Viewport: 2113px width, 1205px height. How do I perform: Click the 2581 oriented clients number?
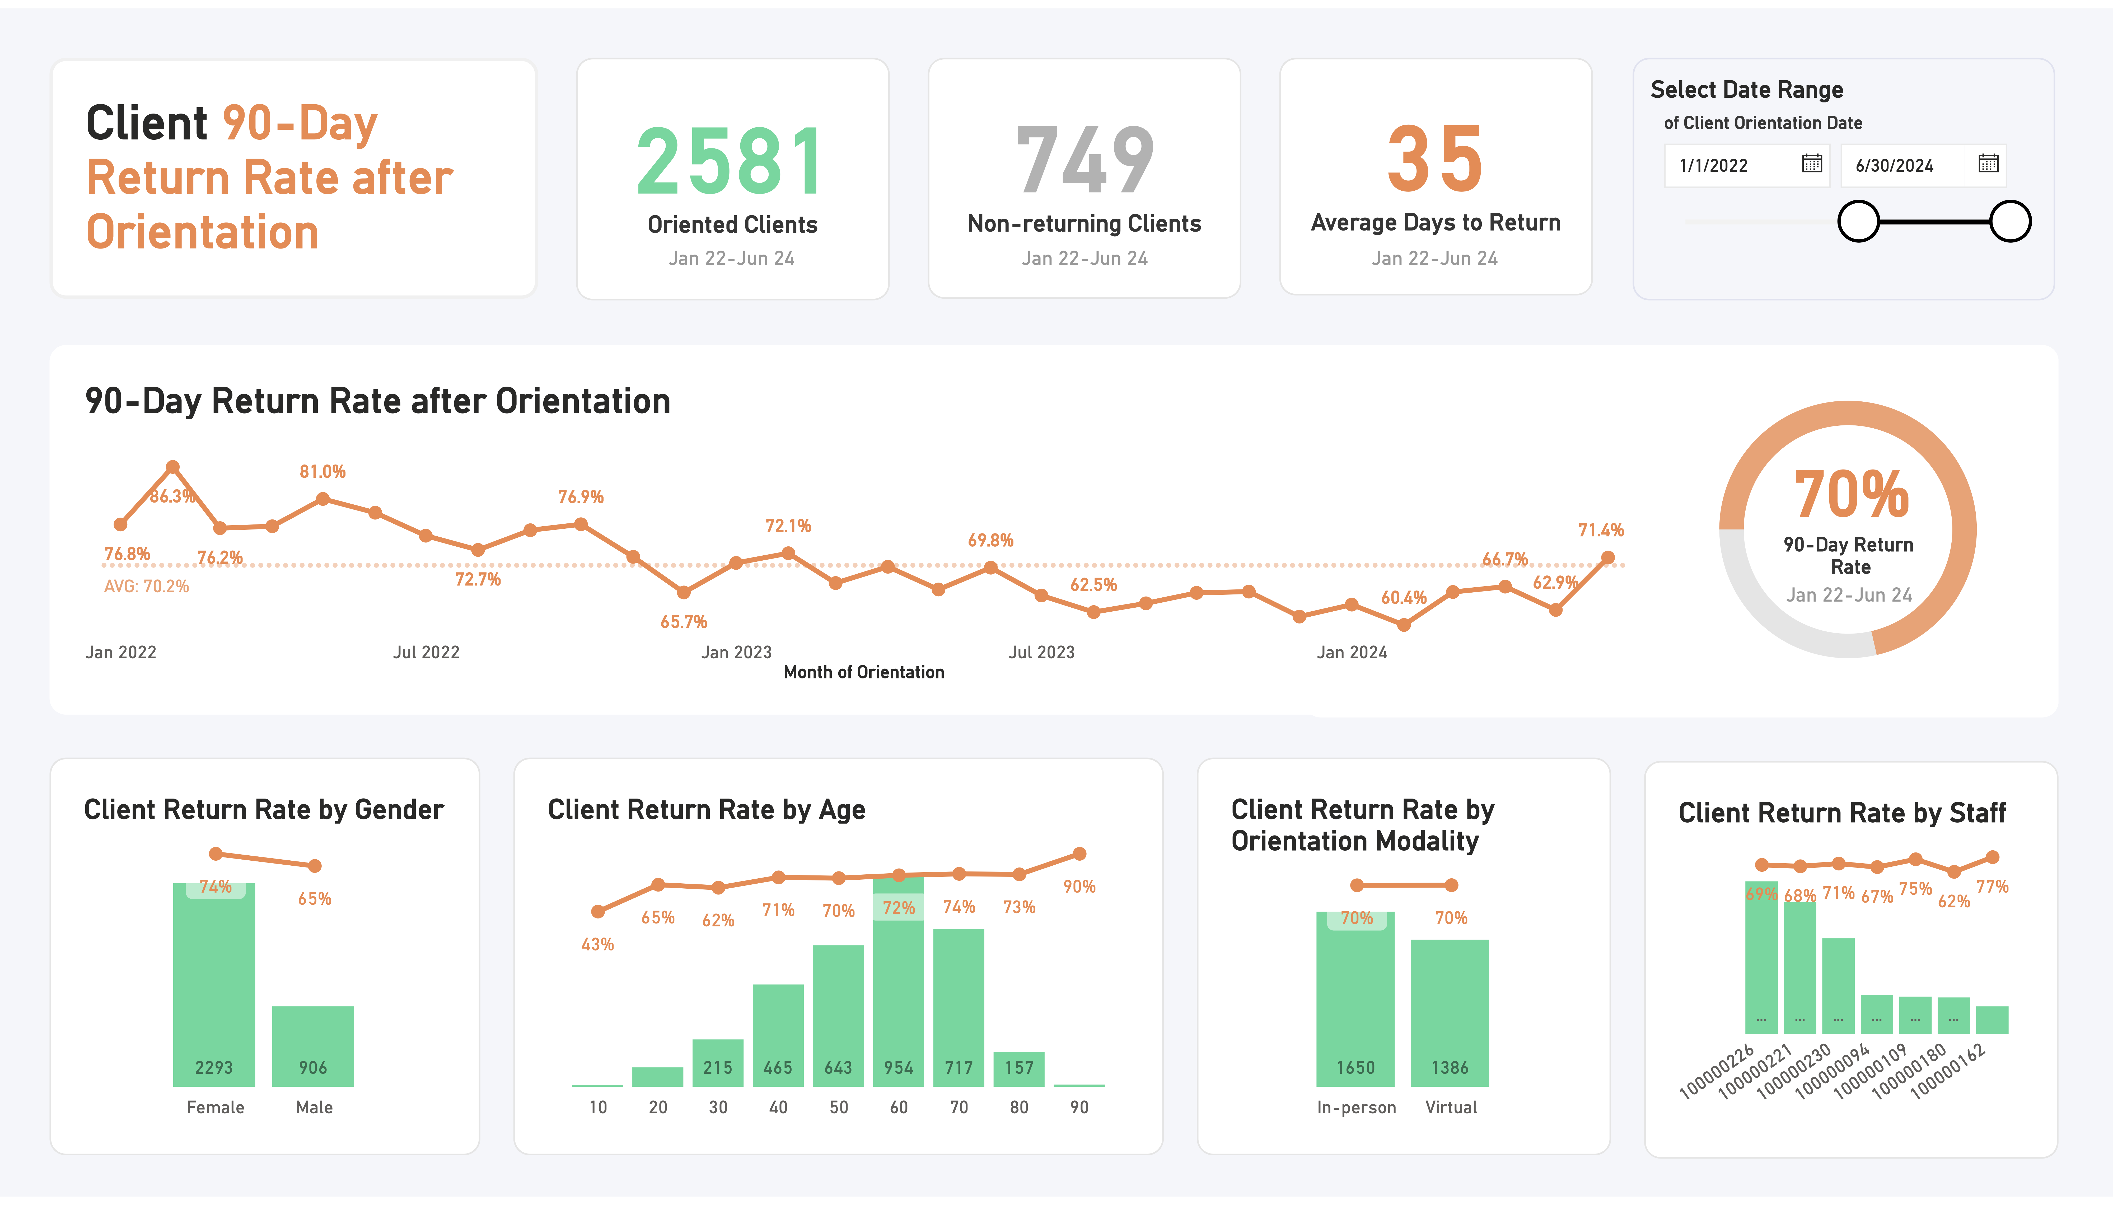click(x=731, y=161)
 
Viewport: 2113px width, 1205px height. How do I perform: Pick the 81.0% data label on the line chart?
click(x=322, y=472)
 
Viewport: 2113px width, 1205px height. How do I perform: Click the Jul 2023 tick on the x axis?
click(x=1041, y=652)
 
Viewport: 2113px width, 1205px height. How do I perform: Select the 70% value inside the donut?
click(x=1851, y=494)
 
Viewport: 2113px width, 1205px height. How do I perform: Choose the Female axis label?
click(x=215, y=1107)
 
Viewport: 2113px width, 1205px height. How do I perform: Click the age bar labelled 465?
click(x=778, y=1034)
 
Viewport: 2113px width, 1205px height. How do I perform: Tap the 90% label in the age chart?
click(x=1079, y=886)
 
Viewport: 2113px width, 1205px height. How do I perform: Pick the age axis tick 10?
click(x=597, y=1107)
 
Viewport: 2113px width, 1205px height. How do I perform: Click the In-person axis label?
click(x=1356, y=1107)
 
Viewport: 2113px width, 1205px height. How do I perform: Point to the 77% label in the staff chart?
click(x=1992, y=886)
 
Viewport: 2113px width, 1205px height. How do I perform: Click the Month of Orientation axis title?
click(x=863, y=672)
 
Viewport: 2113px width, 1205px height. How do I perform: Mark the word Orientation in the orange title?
click(x=203, y=232)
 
